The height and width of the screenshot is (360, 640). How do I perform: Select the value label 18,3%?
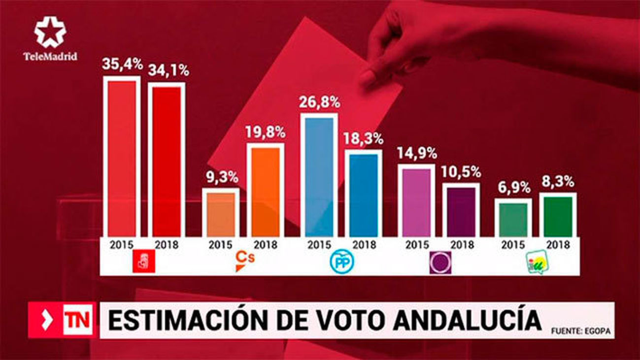click(x=364, y=139)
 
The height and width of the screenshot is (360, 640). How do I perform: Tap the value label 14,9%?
click(x=416, y=153)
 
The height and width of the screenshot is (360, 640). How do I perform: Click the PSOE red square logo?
click(x=144, y=262)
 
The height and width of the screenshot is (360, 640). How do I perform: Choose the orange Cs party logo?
click(x=244, y=261)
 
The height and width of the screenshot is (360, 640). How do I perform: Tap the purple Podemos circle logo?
click(x=440, y=262)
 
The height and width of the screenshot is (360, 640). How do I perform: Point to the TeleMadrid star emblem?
click(x=50, y=32)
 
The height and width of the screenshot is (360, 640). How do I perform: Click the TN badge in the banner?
click(x=77, y=320)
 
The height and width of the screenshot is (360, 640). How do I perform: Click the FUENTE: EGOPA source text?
click(x=580, y=331)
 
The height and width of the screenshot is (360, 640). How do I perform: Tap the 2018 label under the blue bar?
click(x=364, y=245)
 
